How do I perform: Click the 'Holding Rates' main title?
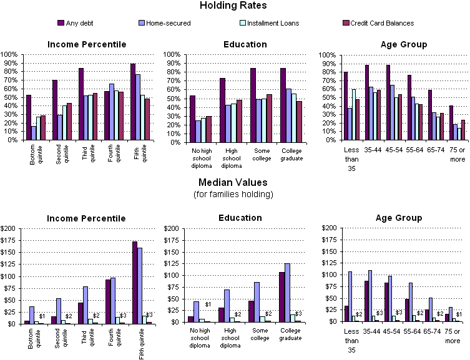point(235,6)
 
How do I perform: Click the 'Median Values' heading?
point(235,184)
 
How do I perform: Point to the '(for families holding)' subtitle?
point(235,195)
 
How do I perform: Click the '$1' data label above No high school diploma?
point(208,304)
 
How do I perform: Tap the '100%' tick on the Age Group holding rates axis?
point(328,55)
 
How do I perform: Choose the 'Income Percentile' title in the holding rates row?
point(87,44)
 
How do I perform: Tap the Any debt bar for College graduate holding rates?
point(266,104)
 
